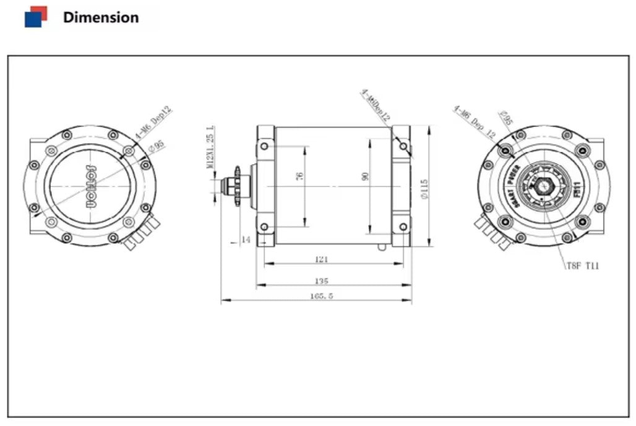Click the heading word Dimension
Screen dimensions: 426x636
point(101,17)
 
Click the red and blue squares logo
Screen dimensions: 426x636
point(35,17)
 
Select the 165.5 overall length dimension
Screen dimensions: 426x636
point(322,296)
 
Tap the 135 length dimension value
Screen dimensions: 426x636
point(322,280)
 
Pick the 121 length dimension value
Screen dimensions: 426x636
point(321,259)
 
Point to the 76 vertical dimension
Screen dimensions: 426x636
point(301,176)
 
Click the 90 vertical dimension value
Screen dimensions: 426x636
point(366,176)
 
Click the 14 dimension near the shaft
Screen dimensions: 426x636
point(246,240)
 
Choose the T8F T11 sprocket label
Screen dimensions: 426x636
point(582,266)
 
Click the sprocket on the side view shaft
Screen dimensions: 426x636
point(236,185)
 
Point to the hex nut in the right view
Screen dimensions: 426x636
point(544,185)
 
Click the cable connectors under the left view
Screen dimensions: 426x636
point(141,235)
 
